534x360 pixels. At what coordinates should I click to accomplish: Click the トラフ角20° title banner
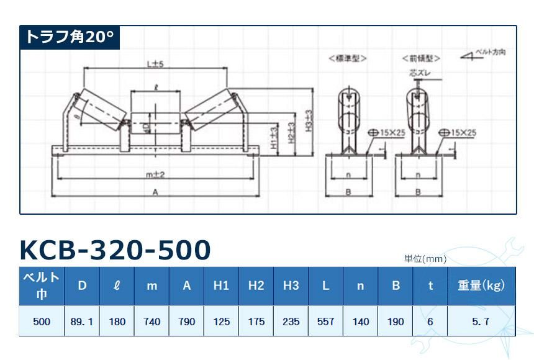click(x=69, y=37)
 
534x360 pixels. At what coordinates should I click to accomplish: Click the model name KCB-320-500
click(x=115, y=250)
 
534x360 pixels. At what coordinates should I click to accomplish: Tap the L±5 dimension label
click(x=154, y=64)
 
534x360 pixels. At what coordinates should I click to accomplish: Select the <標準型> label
click(x=348, y=58)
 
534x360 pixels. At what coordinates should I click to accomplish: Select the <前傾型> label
click(x=422, y=58)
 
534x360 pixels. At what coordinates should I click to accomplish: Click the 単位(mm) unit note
click(x=425, y=259)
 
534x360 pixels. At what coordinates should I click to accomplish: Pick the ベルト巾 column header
click(x=42, y=286)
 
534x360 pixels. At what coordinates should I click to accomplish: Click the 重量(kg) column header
click(x=481, y=286)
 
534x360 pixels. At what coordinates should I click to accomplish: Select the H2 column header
click(x=256, y=286)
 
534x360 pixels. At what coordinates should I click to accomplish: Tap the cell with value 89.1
click(x=82, y=322)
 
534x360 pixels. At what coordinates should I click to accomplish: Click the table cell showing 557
click(x=325, y=322)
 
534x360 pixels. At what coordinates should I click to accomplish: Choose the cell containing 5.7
click(x=481, y=322)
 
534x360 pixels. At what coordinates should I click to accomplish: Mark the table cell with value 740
click(x=152, y=322)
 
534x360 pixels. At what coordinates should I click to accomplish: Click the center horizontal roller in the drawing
click(x=154, y=119)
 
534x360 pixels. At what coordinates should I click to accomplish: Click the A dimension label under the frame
click(x=155, y=193)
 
